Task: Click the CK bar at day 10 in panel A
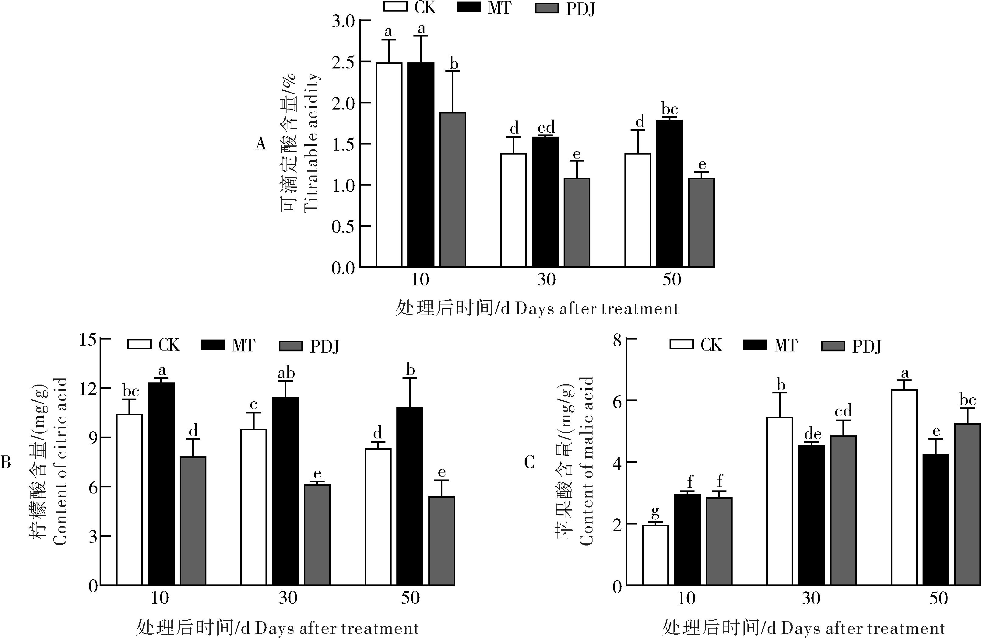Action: point(389,165)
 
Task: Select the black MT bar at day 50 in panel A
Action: point(670,193)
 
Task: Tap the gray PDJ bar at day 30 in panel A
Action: point(577,222)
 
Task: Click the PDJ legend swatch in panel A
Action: point(547,8)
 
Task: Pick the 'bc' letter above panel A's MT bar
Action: point(670,109)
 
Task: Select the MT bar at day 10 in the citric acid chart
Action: point(161,484)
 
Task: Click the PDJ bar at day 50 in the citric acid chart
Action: point(441,541)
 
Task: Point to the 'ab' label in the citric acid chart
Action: point(286,373)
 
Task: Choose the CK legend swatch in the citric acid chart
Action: point(139,344)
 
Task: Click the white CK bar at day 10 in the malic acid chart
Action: point(656,555)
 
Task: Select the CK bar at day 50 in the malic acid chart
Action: point(904,487)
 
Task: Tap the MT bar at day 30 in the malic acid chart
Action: point(812,515)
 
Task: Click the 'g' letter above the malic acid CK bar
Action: point(656,513)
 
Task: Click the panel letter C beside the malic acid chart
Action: point(529,462)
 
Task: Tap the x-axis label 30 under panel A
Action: point(546,280)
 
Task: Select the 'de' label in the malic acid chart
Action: point(812,434)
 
